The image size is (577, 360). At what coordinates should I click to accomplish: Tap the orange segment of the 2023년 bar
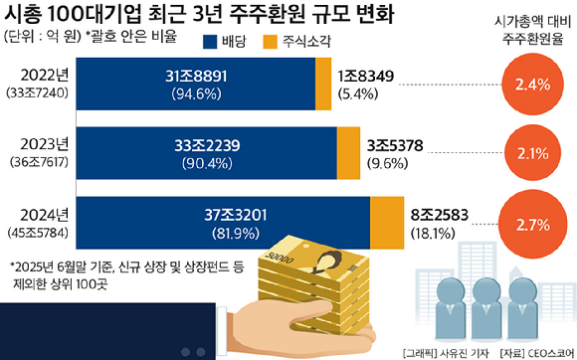coord(348,152)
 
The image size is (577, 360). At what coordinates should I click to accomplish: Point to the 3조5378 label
coord(396,144)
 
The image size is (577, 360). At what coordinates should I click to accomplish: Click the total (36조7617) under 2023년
coord(36,161)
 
